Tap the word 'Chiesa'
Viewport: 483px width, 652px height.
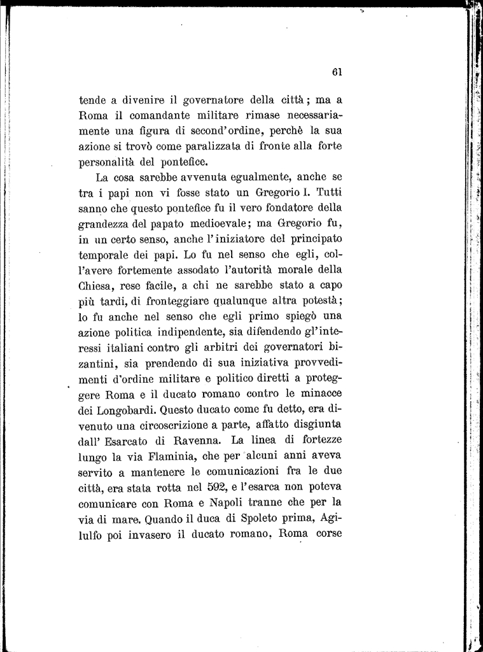coord(95,285)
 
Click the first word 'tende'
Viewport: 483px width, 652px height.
coord(92,99)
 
